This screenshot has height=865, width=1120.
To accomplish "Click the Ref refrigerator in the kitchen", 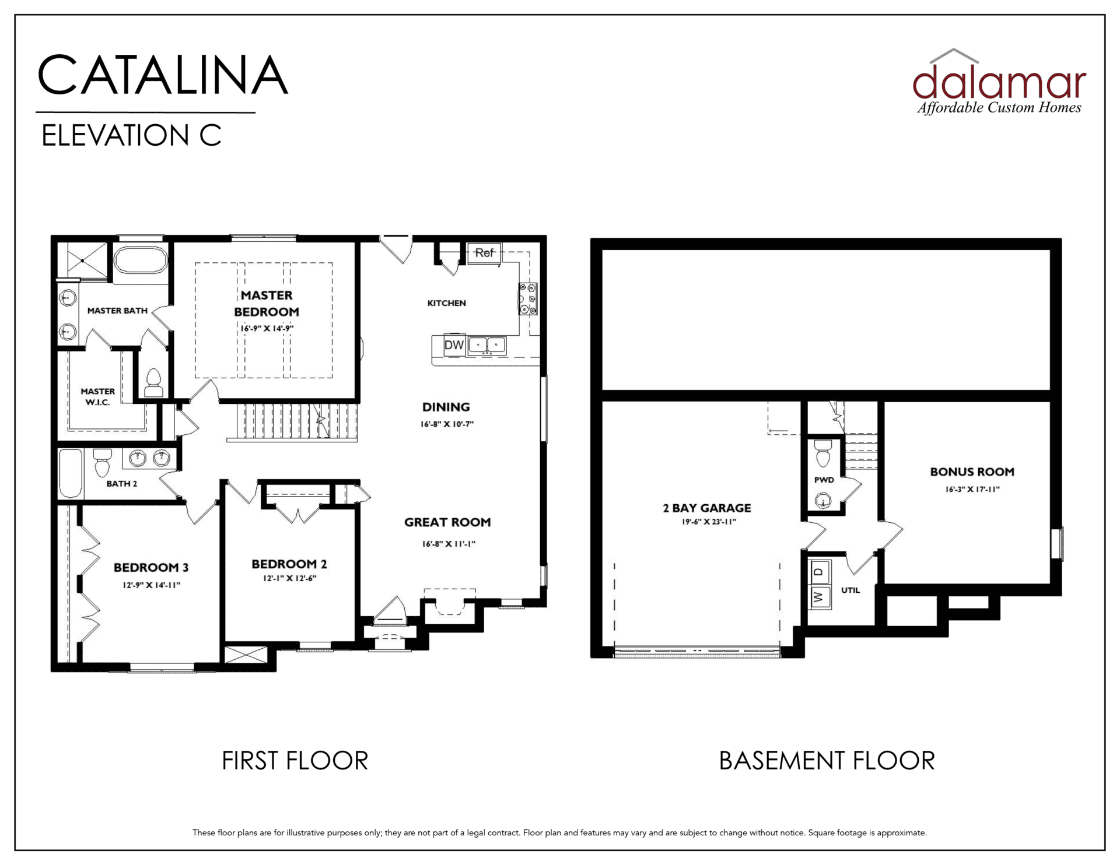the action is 484,253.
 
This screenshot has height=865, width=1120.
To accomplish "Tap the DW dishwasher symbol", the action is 454,344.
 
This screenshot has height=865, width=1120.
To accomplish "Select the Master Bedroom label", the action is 267,303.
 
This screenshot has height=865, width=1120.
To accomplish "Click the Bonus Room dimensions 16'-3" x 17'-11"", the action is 972,490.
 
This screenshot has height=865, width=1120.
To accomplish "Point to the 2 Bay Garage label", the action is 707,508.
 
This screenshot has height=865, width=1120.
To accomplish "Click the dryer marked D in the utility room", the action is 820,571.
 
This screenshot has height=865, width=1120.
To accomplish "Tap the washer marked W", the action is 820,597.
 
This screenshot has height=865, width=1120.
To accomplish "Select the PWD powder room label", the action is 824,480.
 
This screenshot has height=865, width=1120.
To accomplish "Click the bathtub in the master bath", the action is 141,260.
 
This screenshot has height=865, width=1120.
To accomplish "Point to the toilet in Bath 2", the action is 102,462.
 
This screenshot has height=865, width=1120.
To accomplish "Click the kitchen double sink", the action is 487,344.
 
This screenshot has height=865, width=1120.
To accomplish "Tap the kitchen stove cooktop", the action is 528,299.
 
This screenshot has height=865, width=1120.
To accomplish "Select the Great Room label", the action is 447,522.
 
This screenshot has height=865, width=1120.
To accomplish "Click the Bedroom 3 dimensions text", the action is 152,585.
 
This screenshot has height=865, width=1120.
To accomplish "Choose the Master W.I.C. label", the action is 97,397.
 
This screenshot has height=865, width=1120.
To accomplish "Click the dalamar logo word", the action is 999,82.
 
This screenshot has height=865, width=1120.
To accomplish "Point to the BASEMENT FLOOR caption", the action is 827,761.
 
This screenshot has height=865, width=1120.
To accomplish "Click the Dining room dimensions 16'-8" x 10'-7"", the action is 447,424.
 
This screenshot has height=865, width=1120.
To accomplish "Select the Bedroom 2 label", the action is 289,564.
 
